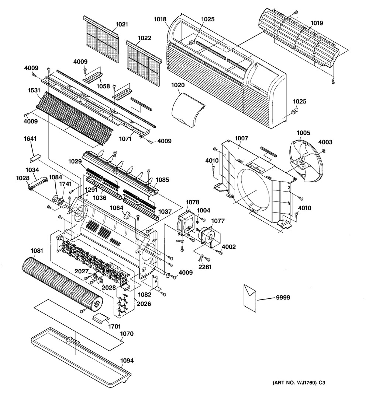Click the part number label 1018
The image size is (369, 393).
coord(160,19)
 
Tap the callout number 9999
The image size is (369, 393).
coord(283,298)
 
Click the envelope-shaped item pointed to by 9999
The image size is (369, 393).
coord(250,298)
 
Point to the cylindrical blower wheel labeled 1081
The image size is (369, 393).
coord(63,283)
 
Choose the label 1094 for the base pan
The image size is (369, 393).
coord(127,361)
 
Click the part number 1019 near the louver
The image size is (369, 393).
coord(317,23)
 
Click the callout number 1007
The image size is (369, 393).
coord(241,138)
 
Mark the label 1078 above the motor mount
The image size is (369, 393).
coord(192,202)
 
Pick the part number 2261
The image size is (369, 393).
coord(205,267)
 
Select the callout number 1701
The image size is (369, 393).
coord(114,326)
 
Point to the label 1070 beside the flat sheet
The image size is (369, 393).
coord(127,334)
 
